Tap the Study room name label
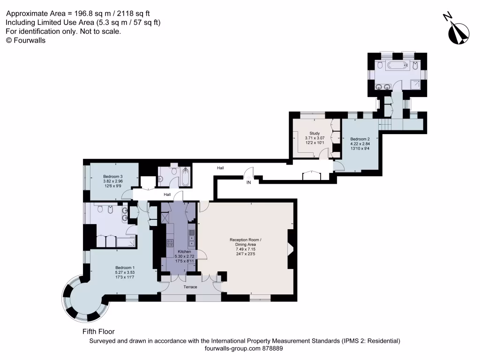(x=314, y=133)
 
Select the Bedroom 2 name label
(x=360, y=139)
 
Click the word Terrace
(x=190, y=287)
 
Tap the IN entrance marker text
(x=249, y=183)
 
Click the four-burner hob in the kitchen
(x=170, y=243)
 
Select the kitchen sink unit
(x=192, y=239)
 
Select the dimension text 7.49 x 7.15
(x=245, y=249)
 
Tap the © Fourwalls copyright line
(x=25, y=40)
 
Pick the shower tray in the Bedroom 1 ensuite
(x=125, y=242)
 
